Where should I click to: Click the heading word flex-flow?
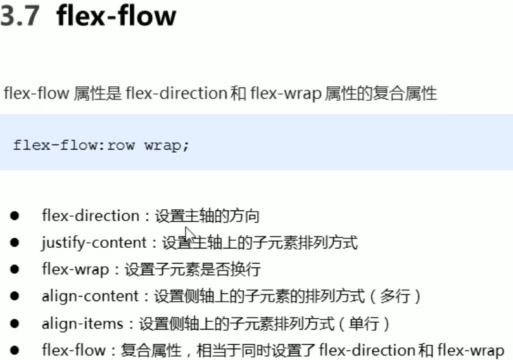pyautogui.click(x=116, y=16)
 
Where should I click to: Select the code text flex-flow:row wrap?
pyautogui.click(x=101, y=145)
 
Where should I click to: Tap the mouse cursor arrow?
pyautogui.click(x=189, y=233)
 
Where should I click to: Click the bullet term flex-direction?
pyautogui.click(x=90, y=216)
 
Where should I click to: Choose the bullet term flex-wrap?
pyautogui.click(x=75, y=269)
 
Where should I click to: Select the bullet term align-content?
pyautogui.click(x=90, y=296)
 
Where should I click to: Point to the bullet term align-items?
pyautogui.click(x=82, y=324)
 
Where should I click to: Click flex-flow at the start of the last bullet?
pyautogui.click(x=73, y=350)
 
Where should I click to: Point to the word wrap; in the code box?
pyautogui.click(x=167, y=145)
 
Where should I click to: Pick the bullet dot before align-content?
pyautogui.click(x=15, y=297)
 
